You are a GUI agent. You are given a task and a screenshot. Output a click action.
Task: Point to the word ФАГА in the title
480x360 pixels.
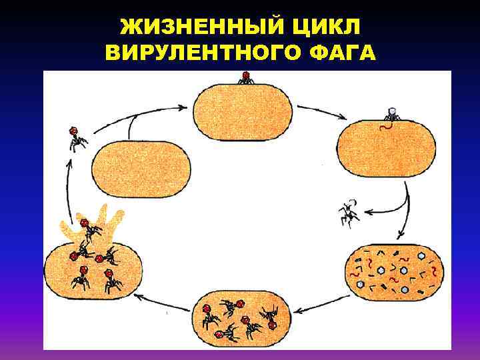340,53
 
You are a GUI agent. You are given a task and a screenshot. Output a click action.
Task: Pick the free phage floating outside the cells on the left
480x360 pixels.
77,138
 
